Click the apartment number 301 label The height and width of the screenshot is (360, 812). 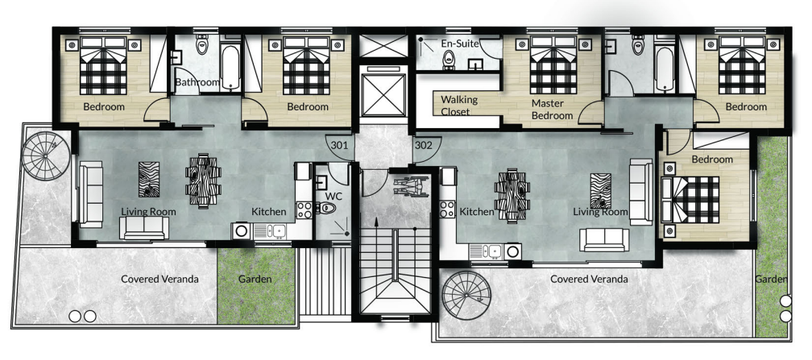coord(339,146)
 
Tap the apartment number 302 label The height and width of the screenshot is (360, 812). coord(423,146)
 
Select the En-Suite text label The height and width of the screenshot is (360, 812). coord(460,43)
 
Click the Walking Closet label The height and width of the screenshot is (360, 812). coord(459,106)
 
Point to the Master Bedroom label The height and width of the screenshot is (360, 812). coord(552,110)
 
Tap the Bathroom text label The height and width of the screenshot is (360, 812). coord(197,82)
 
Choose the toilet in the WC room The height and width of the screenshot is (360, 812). coord(326,209)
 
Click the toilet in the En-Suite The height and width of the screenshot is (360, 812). coord(449,61)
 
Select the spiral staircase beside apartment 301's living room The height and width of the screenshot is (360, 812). coord(47,155)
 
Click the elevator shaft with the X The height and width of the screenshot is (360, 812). coord(383,95)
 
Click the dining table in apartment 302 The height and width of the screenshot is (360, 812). coord(512,196)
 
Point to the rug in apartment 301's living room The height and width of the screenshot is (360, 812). coord(148,180)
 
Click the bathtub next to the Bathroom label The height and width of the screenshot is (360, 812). coord(230,68)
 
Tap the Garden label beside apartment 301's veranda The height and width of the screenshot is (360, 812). coord(255,279)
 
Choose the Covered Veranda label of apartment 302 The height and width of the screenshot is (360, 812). coord(589,279)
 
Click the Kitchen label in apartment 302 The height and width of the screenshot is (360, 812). coord(477,212)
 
